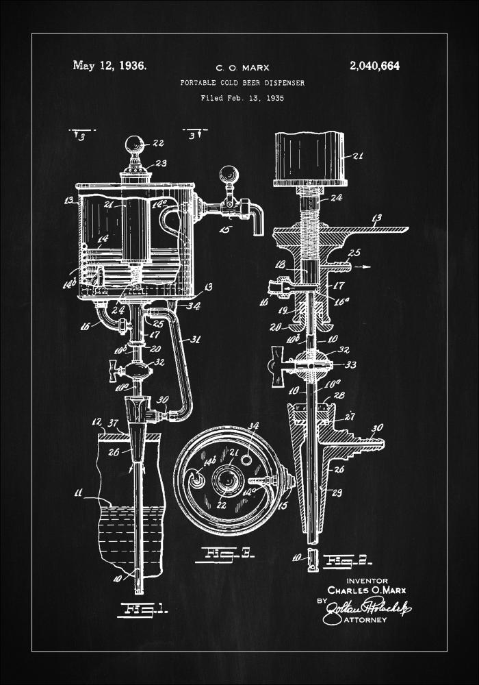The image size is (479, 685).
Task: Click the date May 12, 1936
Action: click(109, 66)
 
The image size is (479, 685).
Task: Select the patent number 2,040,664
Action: click(374, 66)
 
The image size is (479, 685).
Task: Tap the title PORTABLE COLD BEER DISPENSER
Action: click(242, 83)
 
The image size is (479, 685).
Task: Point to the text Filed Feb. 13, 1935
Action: click(242, 98)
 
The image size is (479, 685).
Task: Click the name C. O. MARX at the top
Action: click(242, 68)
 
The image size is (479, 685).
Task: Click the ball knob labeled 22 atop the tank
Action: click(134, 145)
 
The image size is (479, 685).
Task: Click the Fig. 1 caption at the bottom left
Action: click(143, 608)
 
